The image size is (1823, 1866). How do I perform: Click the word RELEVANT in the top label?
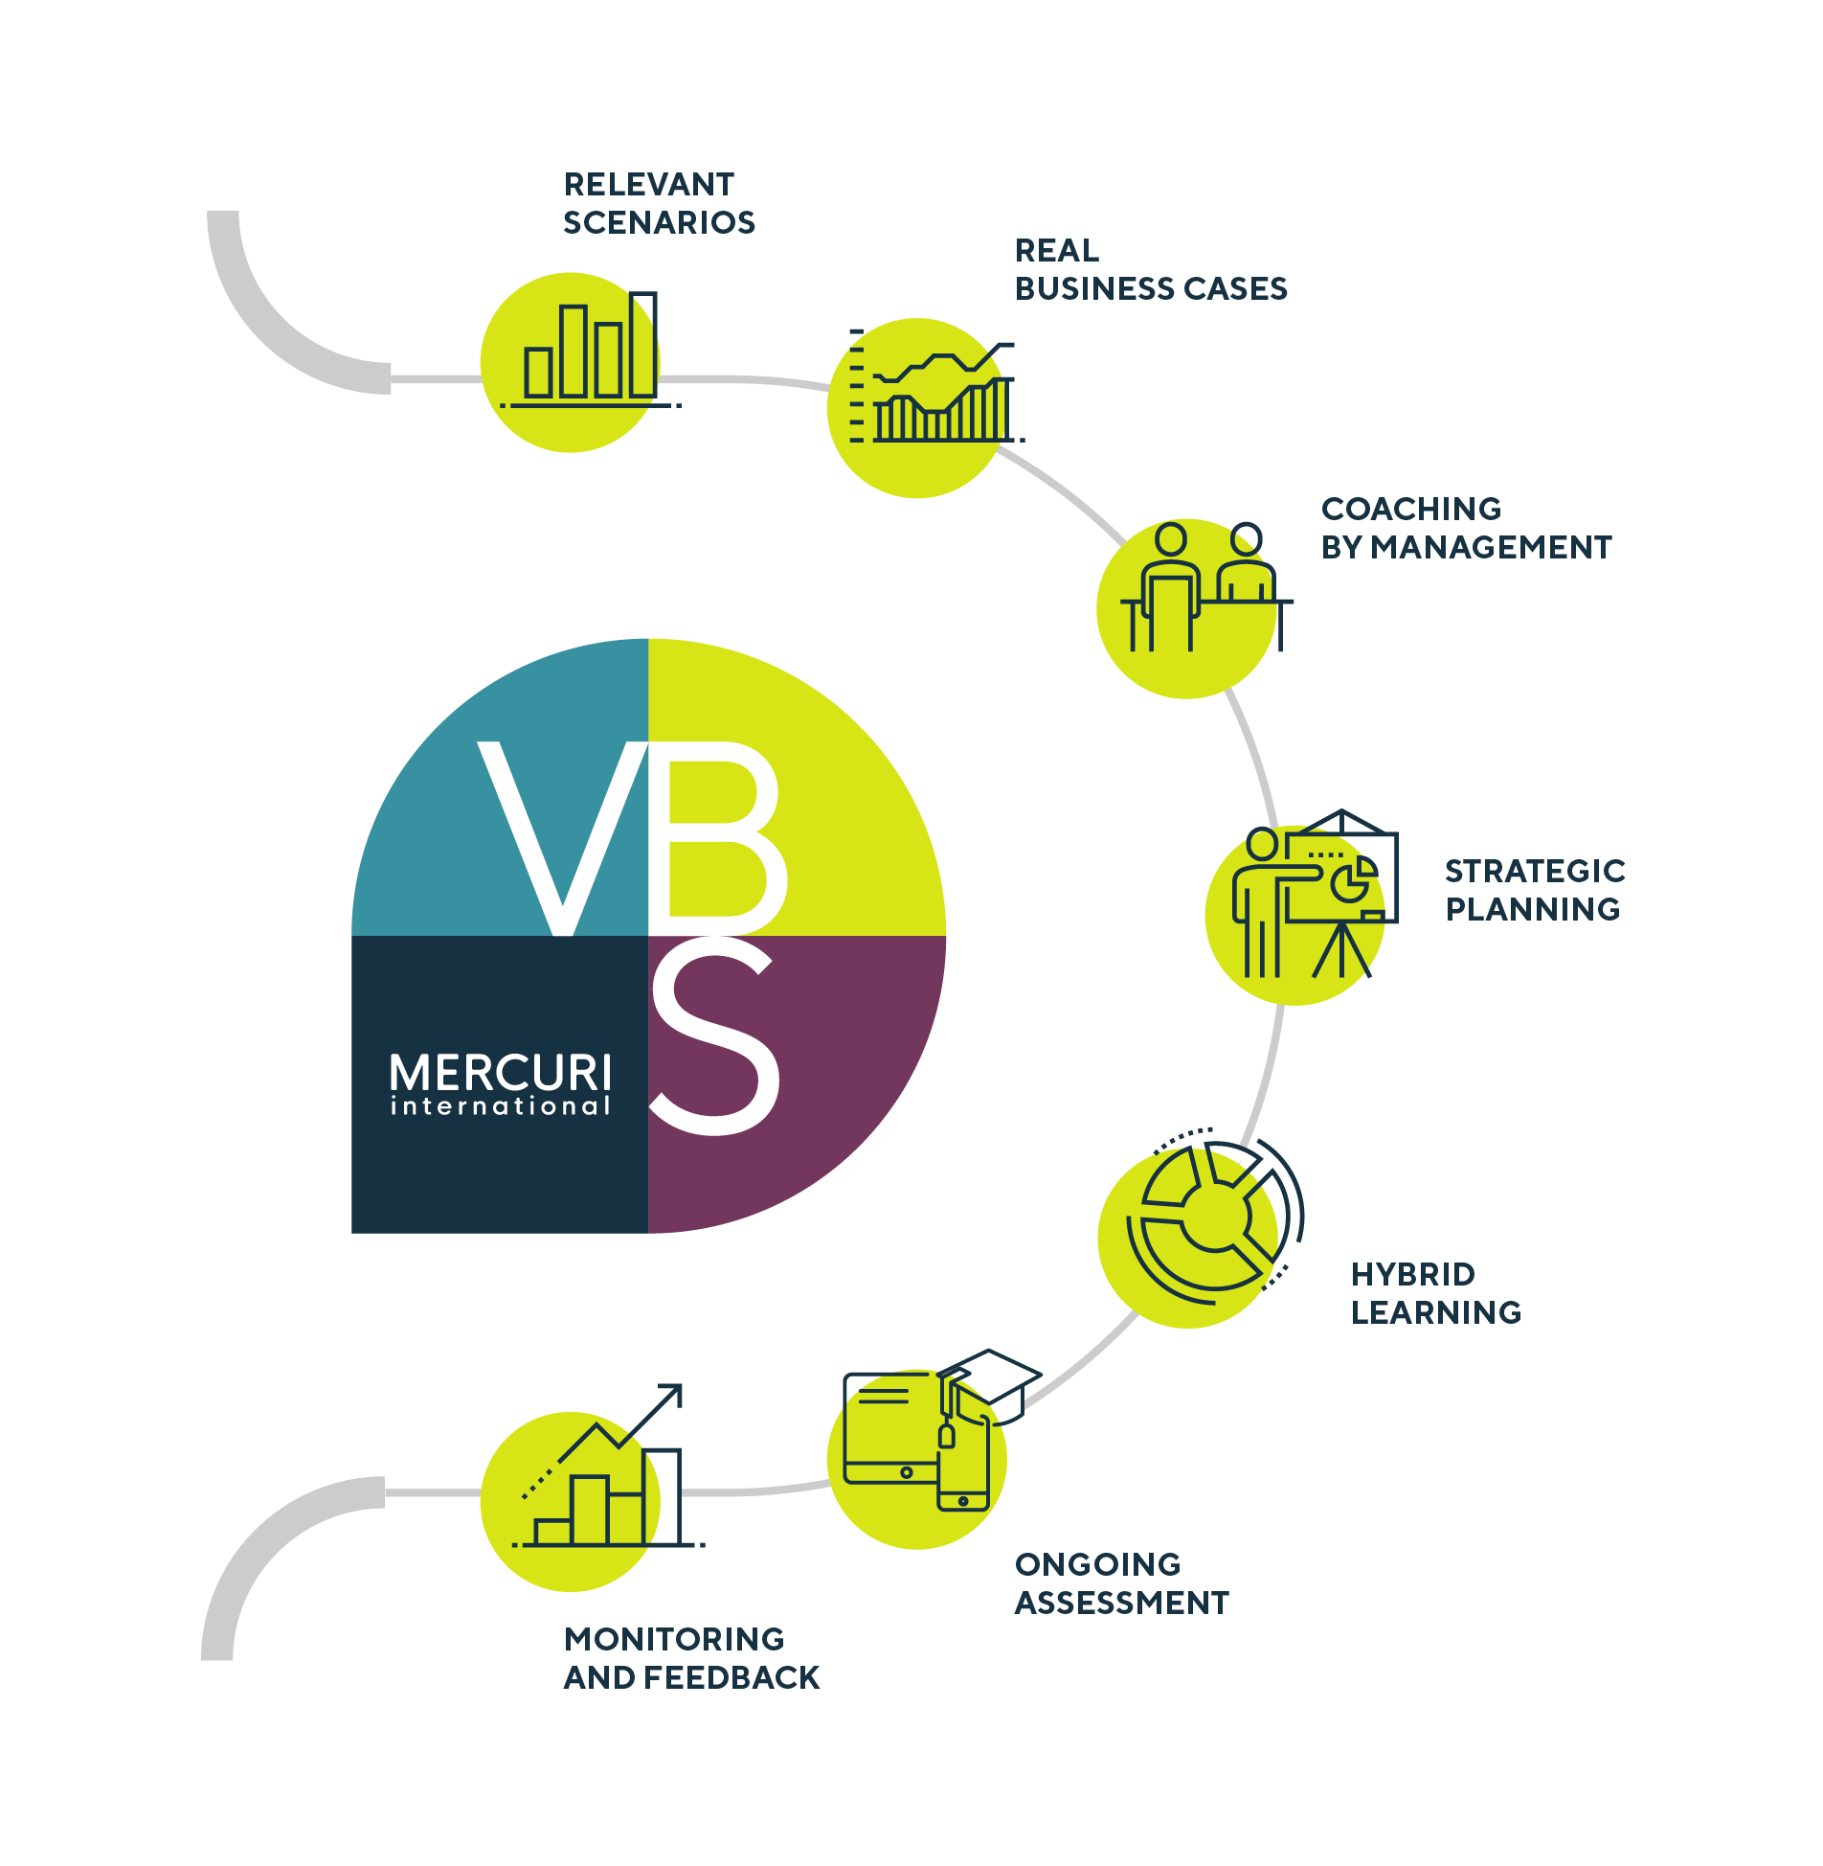648,184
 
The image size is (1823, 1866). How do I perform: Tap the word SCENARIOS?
659,222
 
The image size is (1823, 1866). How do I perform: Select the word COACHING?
1410,509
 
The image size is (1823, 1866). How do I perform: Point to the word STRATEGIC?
1534,871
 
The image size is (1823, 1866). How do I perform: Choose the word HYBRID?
1412,1274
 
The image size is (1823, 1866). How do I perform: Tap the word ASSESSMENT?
1121,1603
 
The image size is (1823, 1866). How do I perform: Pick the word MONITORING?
674,1639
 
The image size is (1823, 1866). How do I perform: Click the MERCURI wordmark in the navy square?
501,1073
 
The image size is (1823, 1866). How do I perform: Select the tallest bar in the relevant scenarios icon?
642,345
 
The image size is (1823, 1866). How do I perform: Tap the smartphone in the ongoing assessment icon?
963,1466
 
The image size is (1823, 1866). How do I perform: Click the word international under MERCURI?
501,1106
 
